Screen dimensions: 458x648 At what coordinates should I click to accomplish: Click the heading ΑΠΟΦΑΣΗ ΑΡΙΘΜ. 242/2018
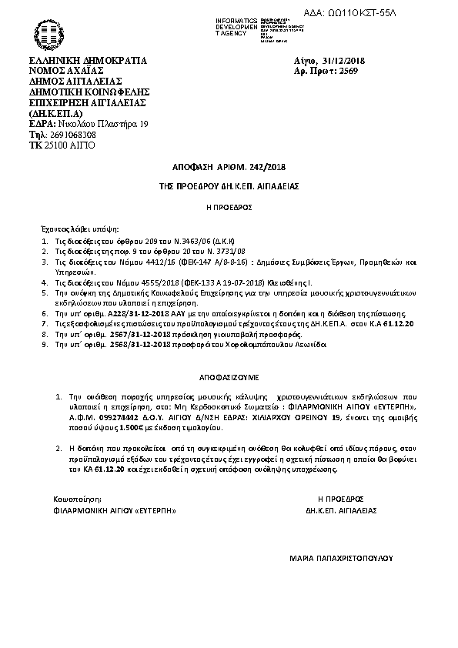229,166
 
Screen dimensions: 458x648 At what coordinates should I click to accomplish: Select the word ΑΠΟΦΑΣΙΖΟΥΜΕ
229,379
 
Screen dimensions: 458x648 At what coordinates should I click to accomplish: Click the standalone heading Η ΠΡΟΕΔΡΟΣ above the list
229,207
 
